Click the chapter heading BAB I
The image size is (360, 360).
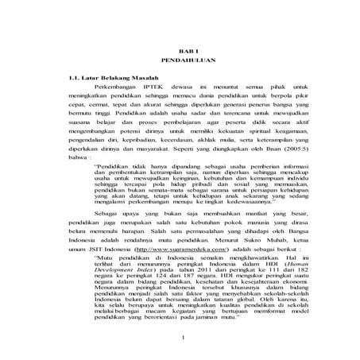tap(180, 51)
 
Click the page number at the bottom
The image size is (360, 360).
tap(182, 342)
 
